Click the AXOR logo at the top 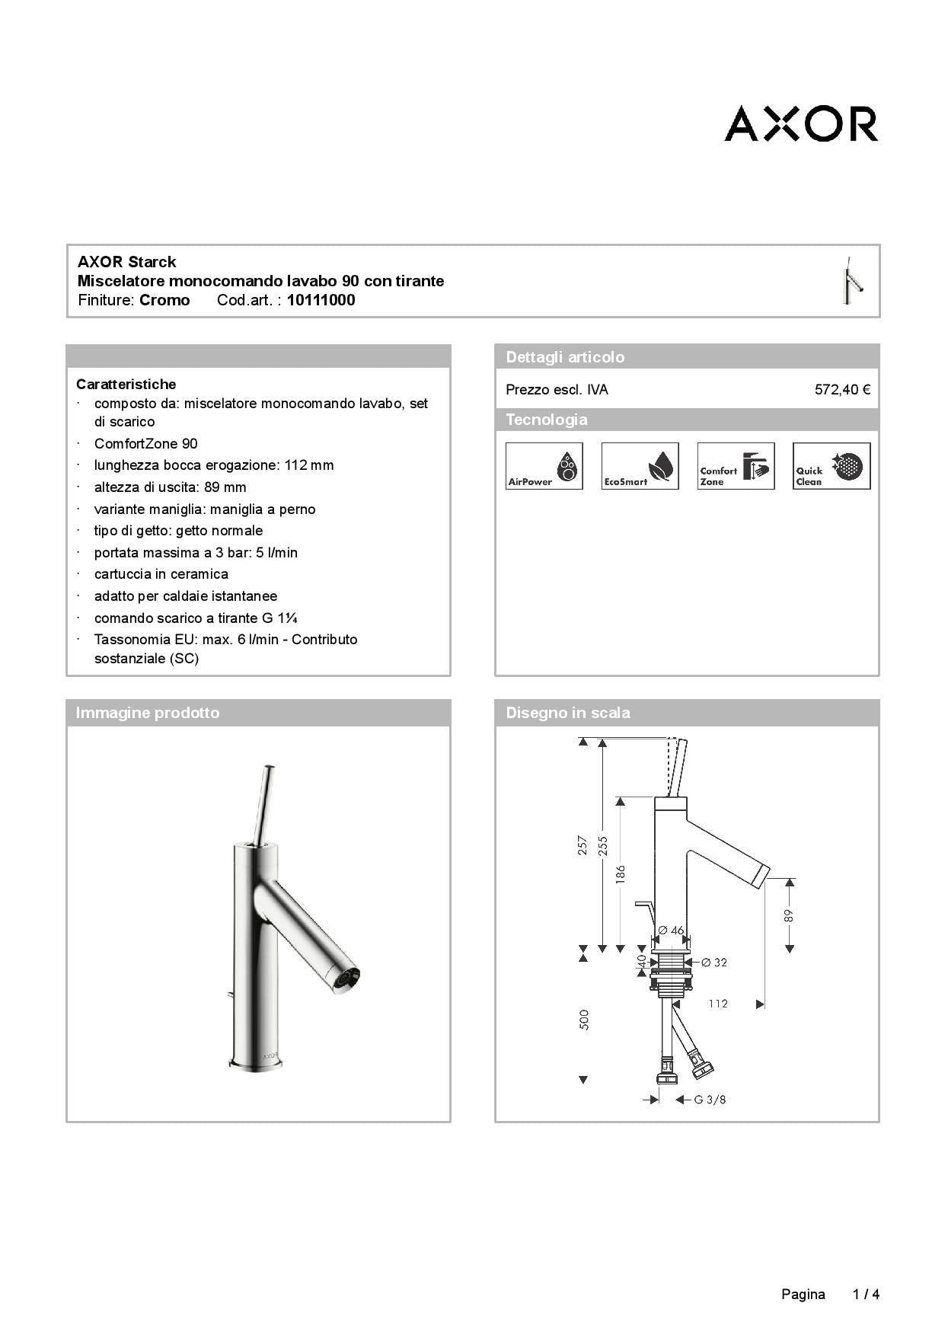(x=801, y=123)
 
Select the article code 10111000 (x=321, y=300)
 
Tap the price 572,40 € (x=842, y=390)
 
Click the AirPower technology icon (x=544, y=466)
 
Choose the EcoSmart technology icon (x=640, y=466)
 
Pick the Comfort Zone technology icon (x=736, y=466)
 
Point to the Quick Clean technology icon (x=831, y=466)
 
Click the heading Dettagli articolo (x=565, y=357)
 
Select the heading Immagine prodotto (x=148, y=713)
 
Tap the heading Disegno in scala (x=568, y=713)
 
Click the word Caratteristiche (x=126, y=385)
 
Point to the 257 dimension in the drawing (x=583, y=845)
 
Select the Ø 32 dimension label (x=714, y=963)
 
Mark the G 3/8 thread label (x=710, y=1100)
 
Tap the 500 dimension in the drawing (x=584, y=1020)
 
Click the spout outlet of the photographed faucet (x=350, y=979)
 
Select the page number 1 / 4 (x=866, y=1294)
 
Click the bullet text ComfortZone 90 (x=146, y=444)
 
